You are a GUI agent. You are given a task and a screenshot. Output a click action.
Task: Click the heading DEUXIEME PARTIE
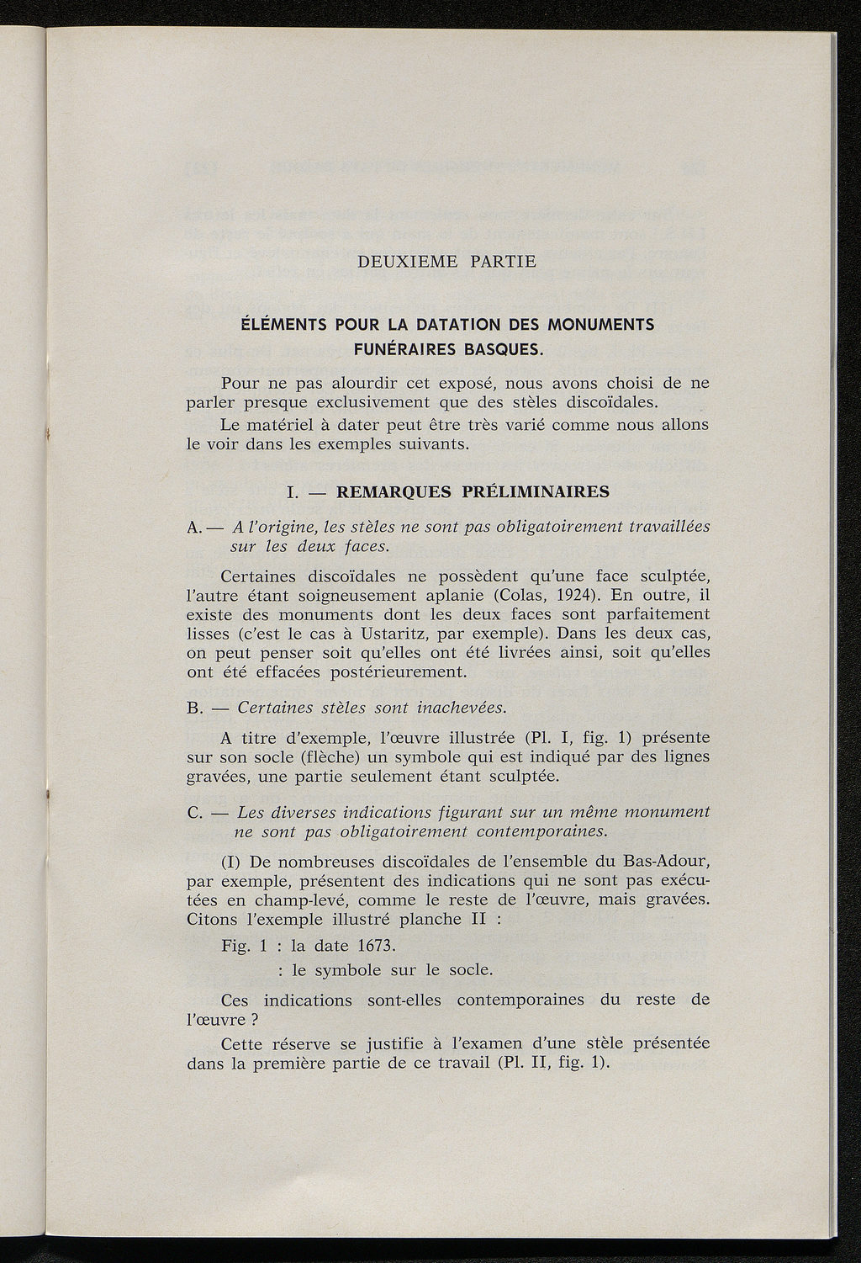coord(446,261)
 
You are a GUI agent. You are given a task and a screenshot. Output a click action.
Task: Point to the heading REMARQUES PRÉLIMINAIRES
coord(473,491)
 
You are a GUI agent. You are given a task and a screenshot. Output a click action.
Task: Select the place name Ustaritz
coord(404,634)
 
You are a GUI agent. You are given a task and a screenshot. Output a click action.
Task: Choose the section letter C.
coord(193,813)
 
